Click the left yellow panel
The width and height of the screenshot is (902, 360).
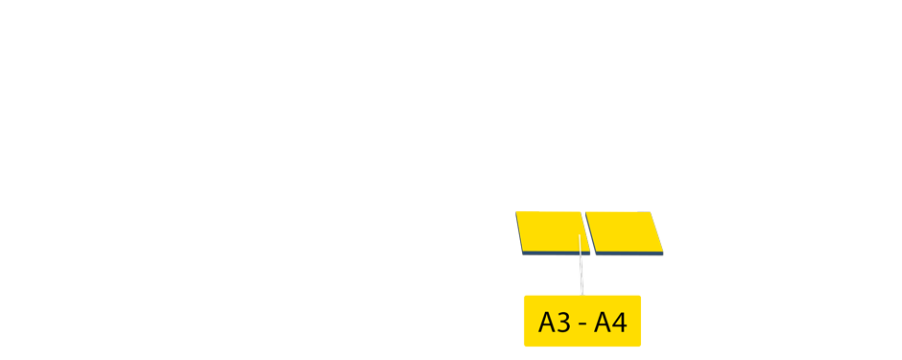(549, 229)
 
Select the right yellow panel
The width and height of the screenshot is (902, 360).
(625, 229)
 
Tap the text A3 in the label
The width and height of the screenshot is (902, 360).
(555, 322)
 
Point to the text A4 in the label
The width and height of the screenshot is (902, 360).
(611, 322)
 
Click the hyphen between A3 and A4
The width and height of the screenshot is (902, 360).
(583, 324)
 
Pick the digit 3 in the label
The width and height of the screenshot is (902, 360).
(564, 322)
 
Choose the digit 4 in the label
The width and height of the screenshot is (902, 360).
(619, 322)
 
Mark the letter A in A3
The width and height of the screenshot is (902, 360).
(547, 322)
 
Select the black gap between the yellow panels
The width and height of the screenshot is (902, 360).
(585, 230)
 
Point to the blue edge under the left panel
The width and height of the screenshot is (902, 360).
(552, 252)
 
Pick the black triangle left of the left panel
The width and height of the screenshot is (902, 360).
(517, 245)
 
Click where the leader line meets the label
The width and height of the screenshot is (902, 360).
(582, 295)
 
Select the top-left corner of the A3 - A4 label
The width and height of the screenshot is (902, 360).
(525, 297)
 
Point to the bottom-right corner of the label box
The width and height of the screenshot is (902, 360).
(639, 345)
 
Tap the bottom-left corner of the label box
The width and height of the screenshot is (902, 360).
(525, 345)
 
